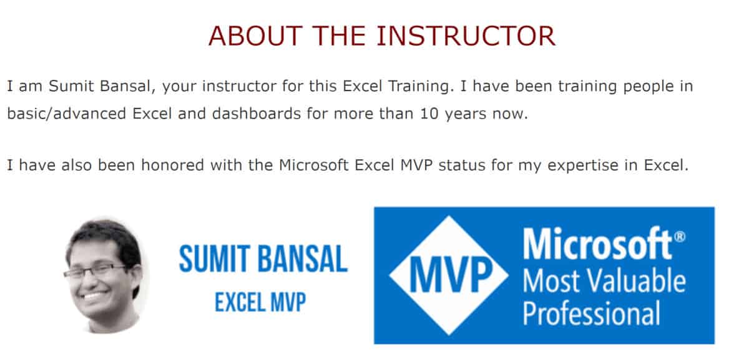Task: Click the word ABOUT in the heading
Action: (x=255, y=36)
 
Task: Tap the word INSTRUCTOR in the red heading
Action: (x=466, y=36)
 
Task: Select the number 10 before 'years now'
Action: (x=429, y=114)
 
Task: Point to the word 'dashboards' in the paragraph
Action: (x=257, y=114)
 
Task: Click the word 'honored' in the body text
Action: (x=172, y=165)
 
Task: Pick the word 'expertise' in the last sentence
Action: (x=583, y=166)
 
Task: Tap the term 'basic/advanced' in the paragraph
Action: (x=67, y=114)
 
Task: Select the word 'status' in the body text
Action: (x=462, y=165)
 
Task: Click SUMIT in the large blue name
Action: (x=215, y=259)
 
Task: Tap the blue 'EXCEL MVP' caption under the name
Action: (x=260, y=302)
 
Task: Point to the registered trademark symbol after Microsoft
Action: (x=680, y=237)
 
